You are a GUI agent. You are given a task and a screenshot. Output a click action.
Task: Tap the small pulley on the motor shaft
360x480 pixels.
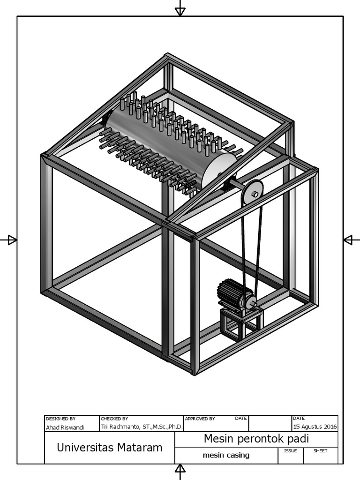(x=250, y=302)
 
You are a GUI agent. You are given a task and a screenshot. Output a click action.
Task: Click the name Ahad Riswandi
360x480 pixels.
(x=65, y=427)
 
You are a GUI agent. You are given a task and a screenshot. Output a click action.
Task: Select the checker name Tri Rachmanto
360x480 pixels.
(x=142, y=427)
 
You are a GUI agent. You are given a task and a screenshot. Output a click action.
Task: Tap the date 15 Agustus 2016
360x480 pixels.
(x=315, y=427)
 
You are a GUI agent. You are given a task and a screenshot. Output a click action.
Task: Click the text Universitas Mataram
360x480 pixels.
(x=109, y=447)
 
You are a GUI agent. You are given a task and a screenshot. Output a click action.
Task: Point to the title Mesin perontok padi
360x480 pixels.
(x=256, y=439)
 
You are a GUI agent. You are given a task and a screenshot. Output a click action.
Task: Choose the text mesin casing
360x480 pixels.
(x=226, y=455)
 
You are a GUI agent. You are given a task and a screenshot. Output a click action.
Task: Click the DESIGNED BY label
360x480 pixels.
(x=60, y=418)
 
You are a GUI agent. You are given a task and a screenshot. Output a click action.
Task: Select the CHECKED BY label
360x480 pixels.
(x=114, y=418)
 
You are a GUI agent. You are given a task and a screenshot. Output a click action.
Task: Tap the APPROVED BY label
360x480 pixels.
(x=200, y=418)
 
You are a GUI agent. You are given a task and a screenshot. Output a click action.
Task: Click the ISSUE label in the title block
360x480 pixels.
(x=290, y=451)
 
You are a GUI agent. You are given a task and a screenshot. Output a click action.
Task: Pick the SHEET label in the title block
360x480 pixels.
(x=320, y=451)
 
